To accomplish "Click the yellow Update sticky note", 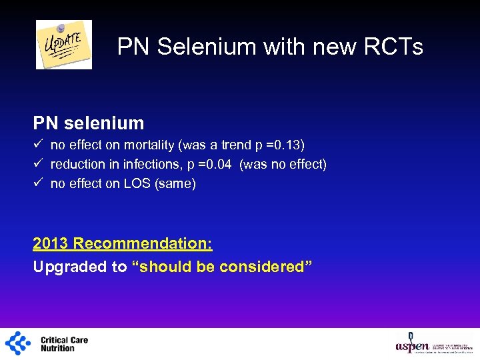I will [x=64, y=44].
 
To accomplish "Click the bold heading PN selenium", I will [x=89, y=123].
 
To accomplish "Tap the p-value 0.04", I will [x=216, y=164].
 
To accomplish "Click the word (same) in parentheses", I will [x=175, y=183].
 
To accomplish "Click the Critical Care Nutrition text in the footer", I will [x=64, y=344].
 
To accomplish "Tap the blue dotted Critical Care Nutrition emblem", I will [x=18, y=343].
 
